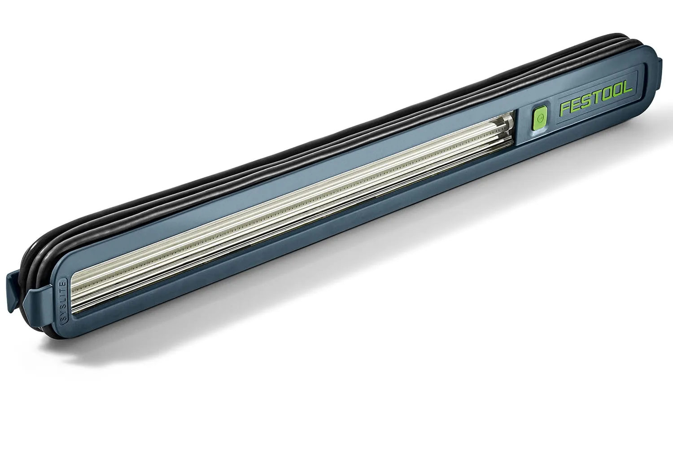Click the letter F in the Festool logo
[x=564, y=109]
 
